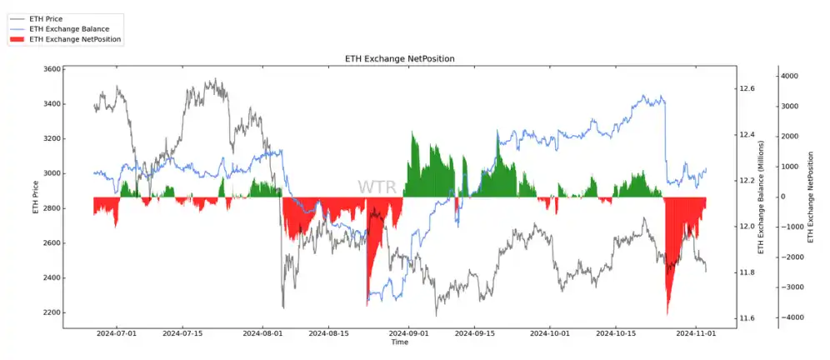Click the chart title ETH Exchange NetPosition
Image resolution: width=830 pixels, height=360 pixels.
(x=399, y=57)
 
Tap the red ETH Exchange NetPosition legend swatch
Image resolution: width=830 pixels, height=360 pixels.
(x=17, y=38)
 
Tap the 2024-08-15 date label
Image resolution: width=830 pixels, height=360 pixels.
(x=335, y=333)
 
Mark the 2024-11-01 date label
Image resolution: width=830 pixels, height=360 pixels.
(x=695, y=333)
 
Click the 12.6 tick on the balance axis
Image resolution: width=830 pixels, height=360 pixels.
(x=747, y=88)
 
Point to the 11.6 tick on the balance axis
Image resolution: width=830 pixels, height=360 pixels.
(x=747, y=318)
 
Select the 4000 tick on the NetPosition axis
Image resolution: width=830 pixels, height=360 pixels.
(x=789, y=76)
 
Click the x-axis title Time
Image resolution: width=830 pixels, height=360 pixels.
(x=399, y=342)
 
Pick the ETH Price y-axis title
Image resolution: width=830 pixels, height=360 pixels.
(x=35, y=197)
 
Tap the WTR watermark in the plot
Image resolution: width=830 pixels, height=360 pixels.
(x=377, y=187)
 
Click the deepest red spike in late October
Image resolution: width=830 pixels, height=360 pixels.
(x=667, y=312)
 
